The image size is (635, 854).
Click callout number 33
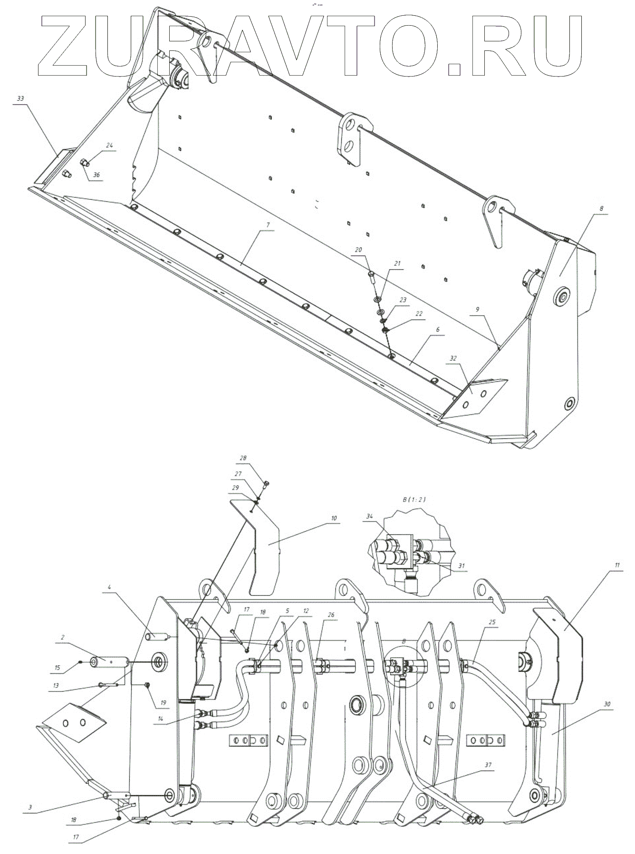click(x=20, y=99)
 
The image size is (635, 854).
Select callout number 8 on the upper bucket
click(x=601, y=208)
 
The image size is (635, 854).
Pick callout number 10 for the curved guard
click(x=334, y=518)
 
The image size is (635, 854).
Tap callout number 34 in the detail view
click(x=370, y=516)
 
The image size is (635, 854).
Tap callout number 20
click(x=358, y=250)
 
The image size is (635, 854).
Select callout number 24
click(x=110, y=146)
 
